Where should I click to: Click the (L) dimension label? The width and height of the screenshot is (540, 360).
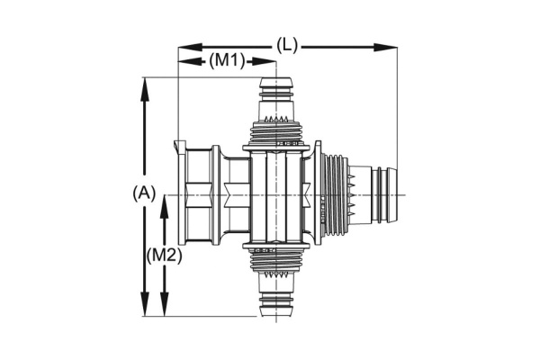(x=287, y=46)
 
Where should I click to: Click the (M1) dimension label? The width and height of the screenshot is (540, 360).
(x=228, y=61)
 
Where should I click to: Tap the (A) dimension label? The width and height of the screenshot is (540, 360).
(x=144, y=193)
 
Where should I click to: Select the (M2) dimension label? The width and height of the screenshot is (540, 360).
(x=164, y=256)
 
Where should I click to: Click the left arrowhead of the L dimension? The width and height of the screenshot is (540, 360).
(x=190, y=47)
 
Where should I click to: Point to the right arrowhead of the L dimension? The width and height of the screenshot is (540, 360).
(x=385, y=47)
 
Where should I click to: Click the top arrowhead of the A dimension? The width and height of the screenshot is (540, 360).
(x=145, y=90)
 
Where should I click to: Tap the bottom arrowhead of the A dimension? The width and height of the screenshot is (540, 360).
(x=145, y=304)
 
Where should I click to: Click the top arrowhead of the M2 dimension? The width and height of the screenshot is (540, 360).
(x=165, y=207)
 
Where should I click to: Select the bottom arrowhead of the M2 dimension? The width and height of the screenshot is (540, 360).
(x=165, y=304)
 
